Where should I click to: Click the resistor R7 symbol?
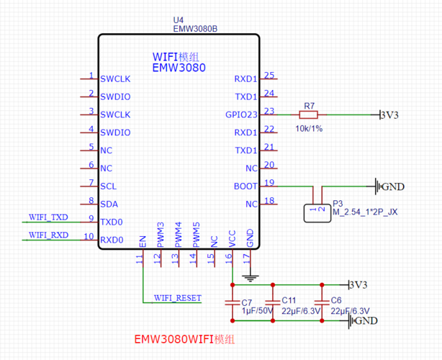pos(308,114)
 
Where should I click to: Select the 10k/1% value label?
pos(309,129)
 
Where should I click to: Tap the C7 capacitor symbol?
pos(233,303)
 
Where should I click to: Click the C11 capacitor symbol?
pos(273,303)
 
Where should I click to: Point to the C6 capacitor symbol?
pos(322,303)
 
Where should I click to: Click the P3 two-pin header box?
pos(317,213)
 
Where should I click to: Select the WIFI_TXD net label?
pos(48,217)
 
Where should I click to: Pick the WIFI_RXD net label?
pos(48,235)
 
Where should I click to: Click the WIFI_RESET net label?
pos(178,298)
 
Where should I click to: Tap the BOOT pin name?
pos(245,186)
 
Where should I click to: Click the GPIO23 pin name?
pos(241,114)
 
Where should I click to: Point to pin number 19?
pos(269,183)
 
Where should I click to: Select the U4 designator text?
pos(178,20)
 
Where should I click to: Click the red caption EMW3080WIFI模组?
pos(184,339)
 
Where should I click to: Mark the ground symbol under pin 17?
pos(250,278)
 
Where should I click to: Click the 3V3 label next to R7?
pos(389,115)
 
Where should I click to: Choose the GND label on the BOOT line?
pos(393,186)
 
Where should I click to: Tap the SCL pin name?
pos(108,186)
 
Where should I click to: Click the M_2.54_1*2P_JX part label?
pos(365,212)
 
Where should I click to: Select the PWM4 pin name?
pos(178,235)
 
